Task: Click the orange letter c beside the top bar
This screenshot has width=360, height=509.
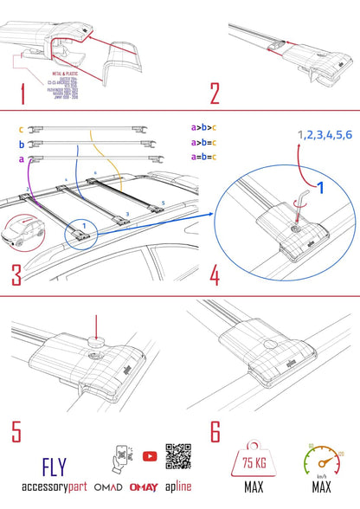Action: (21, 130)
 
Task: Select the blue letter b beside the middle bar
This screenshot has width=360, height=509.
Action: (21, 145)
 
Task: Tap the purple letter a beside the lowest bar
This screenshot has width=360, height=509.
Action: (21, 159)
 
